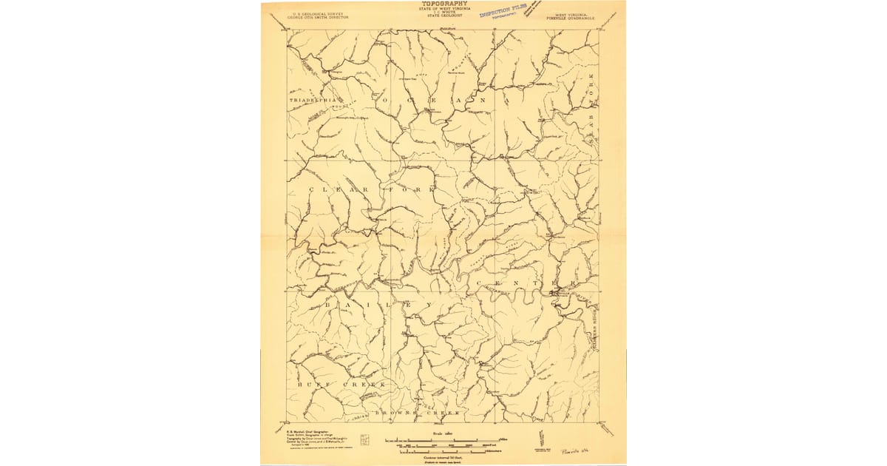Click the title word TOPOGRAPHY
pos(444,4)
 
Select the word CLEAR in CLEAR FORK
pos(337,190)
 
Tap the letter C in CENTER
pos(481,283)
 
